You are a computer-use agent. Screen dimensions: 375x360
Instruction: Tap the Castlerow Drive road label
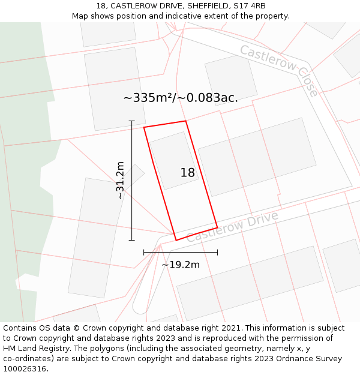click(232, 226)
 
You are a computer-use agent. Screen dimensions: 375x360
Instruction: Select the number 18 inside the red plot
click(188, 173)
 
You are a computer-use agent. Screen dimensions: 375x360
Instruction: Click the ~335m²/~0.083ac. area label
click(181, 98)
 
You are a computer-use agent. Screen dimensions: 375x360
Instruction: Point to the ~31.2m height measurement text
click(120, 180)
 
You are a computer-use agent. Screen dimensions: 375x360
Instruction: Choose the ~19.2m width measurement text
click(181, 265)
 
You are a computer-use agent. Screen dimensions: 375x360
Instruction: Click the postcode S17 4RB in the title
click(249, 6)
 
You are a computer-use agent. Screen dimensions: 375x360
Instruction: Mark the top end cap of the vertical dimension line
click(132, 121)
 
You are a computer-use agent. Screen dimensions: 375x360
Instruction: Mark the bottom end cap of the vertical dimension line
click(132, 241)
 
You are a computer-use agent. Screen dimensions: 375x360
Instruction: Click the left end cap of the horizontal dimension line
click(144, 253)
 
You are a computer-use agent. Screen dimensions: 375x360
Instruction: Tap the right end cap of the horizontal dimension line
click(217, 253)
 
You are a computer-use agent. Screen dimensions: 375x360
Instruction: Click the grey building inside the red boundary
click(173, 160)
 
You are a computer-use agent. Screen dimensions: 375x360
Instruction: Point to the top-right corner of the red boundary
click(185, 121)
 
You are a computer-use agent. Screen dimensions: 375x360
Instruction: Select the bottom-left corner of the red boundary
click(176, 240)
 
